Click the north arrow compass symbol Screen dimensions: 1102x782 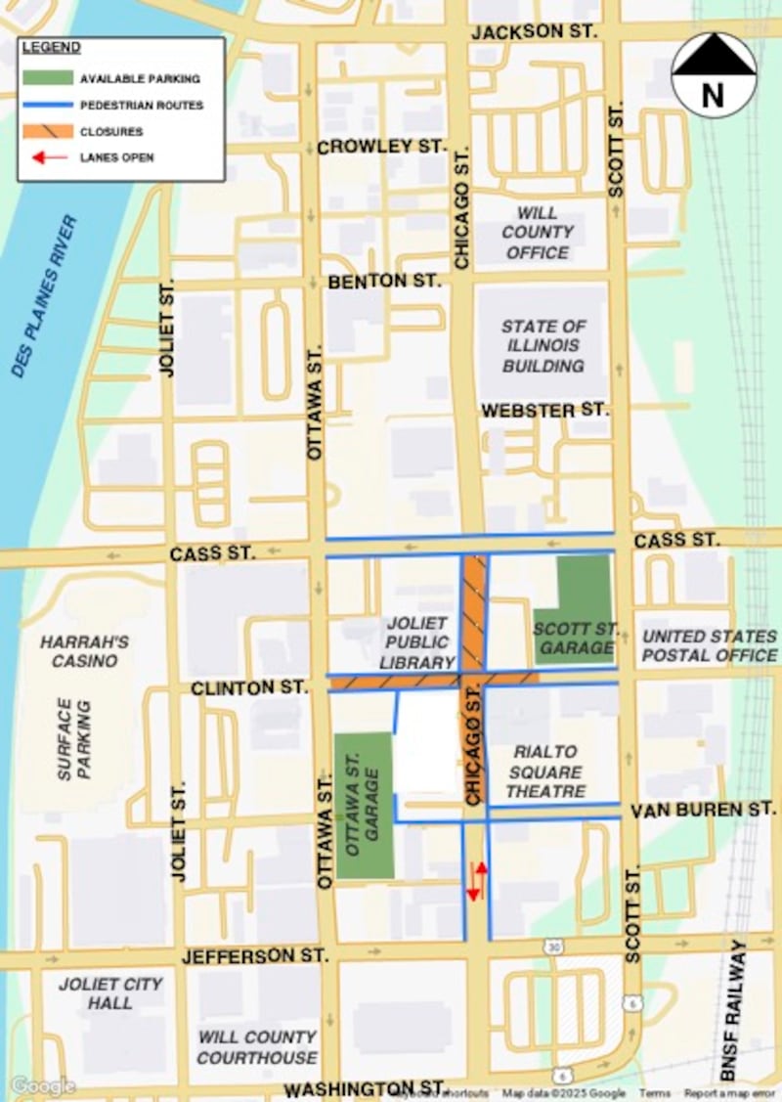point(713,74)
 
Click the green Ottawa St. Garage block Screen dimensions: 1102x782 point(364,804)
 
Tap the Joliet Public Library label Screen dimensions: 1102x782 point(416,642)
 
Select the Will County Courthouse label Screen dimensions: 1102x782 point(258,1047)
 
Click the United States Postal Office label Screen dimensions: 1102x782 point(709,645)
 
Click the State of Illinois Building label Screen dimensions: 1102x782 point(543,345)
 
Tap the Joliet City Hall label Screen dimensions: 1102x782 point(109,993)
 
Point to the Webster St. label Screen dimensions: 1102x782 point(544,411)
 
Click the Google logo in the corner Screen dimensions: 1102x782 point(42,1086)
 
